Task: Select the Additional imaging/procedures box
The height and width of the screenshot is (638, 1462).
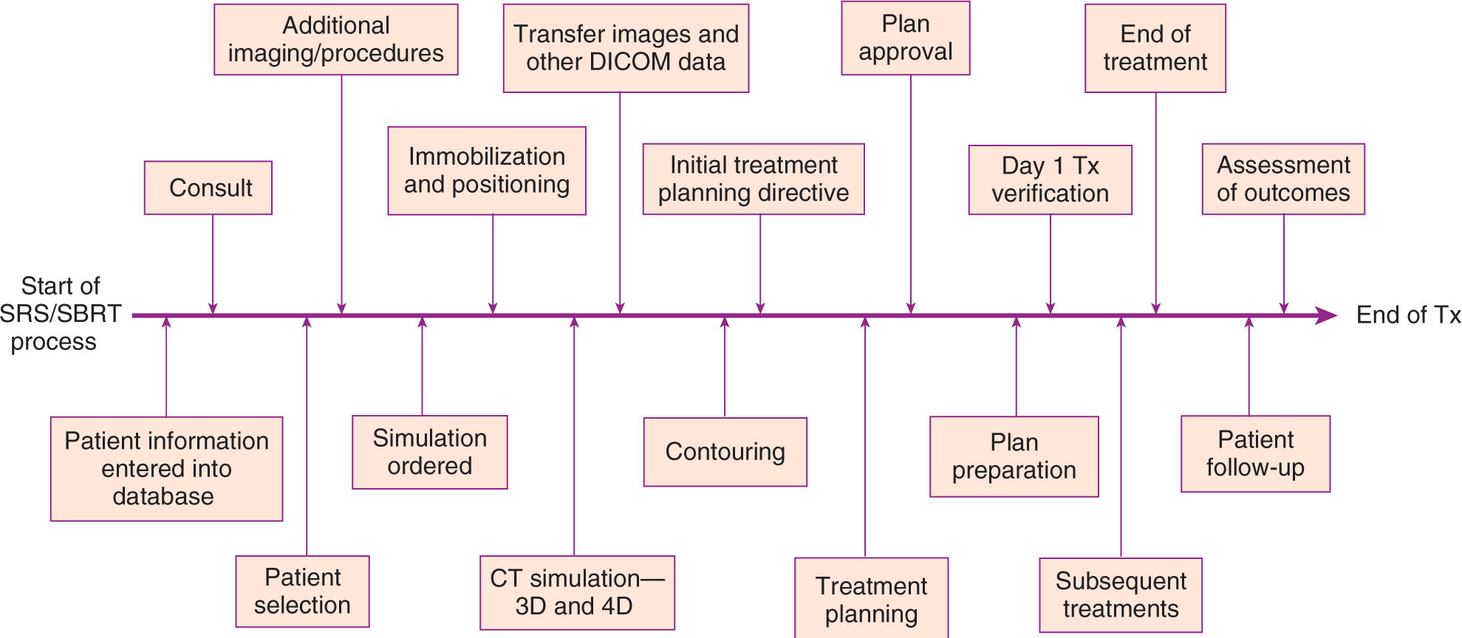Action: click(336, 40)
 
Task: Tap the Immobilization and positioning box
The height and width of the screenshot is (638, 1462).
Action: click(487, 171)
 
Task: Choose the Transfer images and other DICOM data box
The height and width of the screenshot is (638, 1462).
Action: click(626, 48)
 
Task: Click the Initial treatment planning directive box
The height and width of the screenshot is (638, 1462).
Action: click(754, 179)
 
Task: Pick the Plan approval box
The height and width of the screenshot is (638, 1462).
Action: click(906, 38)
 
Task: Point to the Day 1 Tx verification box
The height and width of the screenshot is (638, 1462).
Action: click(1050, 179)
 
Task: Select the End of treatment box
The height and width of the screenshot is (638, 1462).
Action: click(1155, 48)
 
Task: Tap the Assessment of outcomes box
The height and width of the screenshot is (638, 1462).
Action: click(1283, 179)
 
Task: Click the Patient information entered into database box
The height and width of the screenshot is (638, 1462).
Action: click(166, 469)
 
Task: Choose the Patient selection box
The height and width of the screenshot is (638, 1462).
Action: click(302, 591)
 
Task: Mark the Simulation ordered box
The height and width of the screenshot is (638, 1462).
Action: click(430, 452)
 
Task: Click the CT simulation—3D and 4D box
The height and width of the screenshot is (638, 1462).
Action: click(577, 592)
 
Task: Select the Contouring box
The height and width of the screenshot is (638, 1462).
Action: click(725, 452)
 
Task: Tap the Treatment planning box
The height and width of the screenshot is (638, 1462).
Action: click(871, 599)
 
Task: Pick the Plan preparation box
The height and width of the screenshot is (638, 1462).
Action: click(1014, 456)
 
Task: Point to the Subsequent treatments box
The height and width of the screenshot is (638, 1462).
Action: click(1121, 595)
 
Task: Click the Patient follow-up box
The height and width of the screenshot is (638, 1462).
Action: click(1255, 453)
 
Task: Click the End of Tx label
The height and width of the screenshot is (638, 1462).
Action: click(1408, 315)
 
